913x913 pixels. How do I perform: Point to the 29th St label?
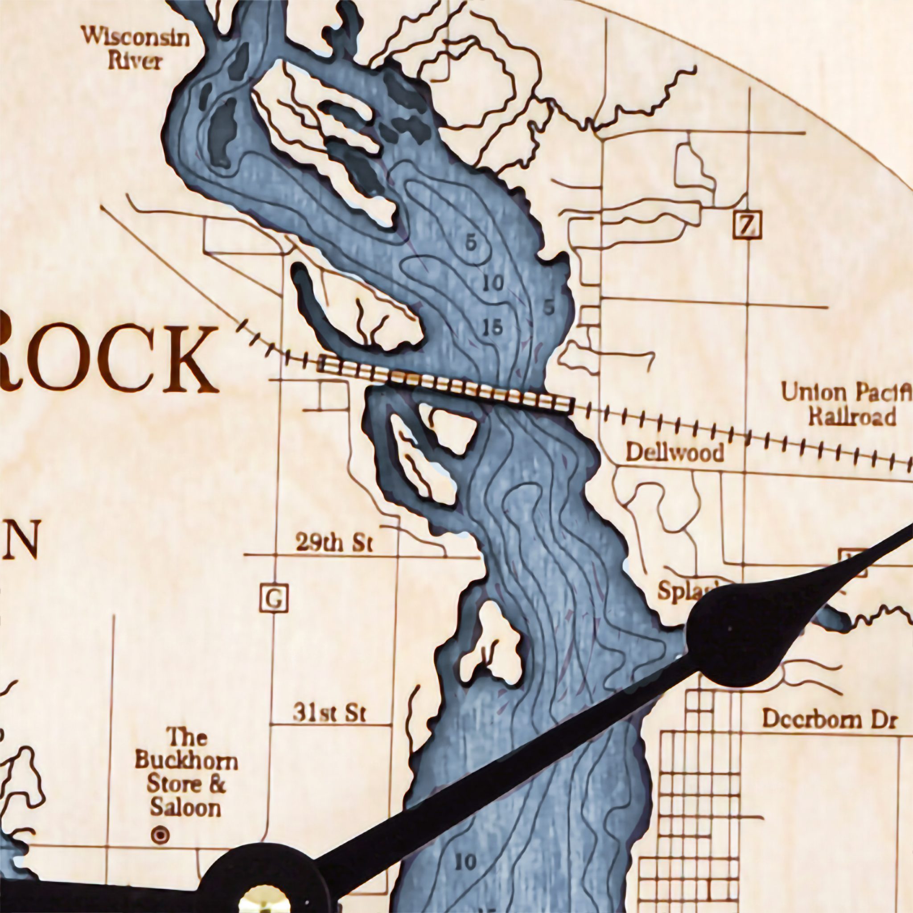pos(334,543)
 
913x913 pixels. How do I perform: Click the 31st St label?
pos(329,713)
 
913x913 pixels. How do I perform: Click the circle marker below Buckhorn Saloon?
pos(160,835)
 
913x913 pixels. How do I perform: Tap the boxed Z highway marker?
pos(747,226)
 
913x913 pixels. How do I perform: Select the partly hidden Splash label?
pos(685,591)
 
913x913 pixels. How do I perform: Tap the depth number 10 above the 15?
pos(494,284)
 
